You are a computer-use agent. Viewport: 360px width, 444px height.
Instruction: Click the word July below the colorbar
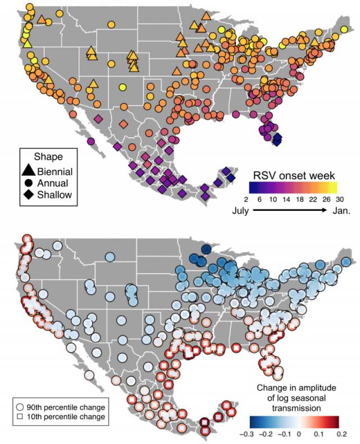click(x=240, y=211)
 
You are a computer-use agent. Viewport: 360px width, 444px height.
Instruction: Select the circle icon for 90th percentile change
click(x=20, y=406)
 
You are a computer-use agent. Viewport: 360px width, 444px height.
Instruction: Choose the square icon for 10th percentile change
click(x=20, y=418)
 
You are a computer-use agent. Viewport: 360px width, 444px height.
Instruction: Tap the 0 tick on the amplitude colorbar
click(x=300, y=434)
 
